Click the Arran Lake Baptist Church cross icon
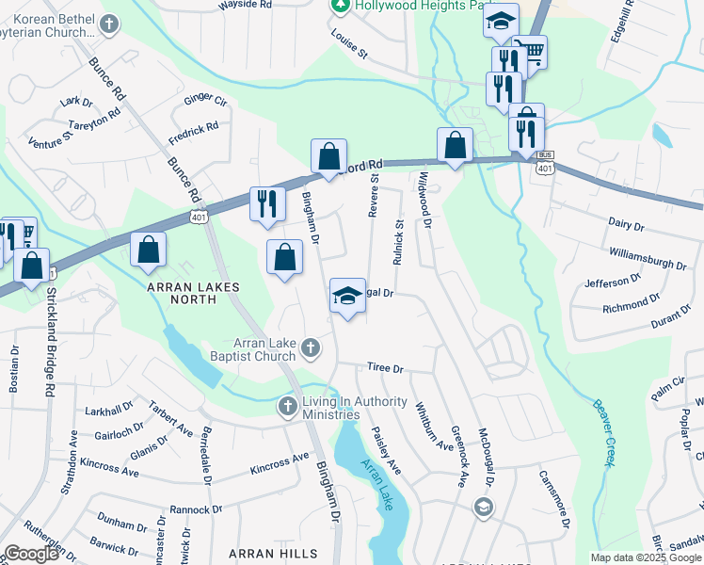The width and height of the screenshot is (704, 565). click(311, 350)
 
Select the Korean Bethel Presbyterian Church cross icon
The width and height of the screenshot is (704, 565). click(110, 23)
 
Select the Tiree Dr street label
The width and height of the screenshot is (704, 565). click(385, 369)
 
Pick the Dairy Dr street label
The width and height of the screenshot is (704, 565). click(626, 227)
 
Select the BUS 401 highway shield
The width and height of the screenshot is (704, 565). click(545, 162)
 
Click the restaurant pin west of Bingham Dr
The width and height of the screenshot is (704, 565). click(266, 203)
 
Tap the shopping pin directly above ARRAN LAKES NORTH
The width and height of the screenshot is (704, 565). click(149, 250)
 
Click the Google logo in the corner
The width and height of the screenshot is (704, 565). click(31, 554)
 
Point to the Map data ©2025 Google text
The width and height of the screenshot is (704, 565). click(645, 557)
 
